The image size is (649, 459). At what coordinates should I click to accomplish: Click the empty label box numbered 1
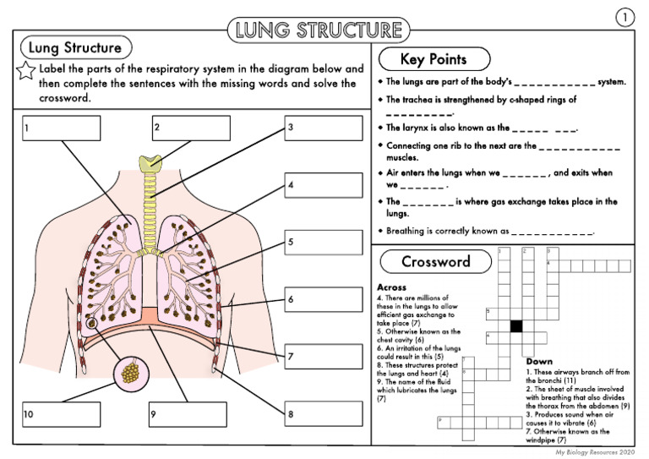pyautogui.click(x=61, y=128)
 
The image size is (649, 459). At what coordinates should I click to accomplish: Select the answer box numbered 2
pyautogui.click(x=190, y=128)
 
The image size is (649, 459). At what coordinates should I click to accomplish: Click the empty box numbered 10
pyautogui.click(x=61, y=413)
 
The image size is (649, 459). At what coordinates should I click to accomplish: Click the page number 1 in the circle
pyautogui.click(x=623, y=17)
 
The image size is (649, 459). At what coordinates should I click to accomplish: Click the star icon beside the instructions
pyautogui.click(x=26, y=72)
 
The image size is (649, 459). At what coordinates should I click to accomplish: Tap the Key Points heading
pyautogui.click(x=434, y=59)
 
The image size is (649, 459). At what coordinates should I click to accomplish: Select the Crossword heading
pyautogui.click(x=435, y=261)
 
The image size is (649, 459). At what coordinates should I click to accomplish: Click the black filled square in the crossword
pyautogui.click(x=515, y=325)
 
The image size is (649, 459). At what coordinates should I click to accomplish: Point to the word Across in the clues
pyautogui.click(x=393, y=287)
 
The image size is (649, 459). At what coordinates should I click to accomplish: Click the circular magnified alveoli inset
pyautogui.click(x=129, y=371)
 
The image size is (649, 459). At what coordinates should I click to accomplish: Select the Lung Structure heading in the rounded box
pyautogui.click(x=76, y=48)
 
